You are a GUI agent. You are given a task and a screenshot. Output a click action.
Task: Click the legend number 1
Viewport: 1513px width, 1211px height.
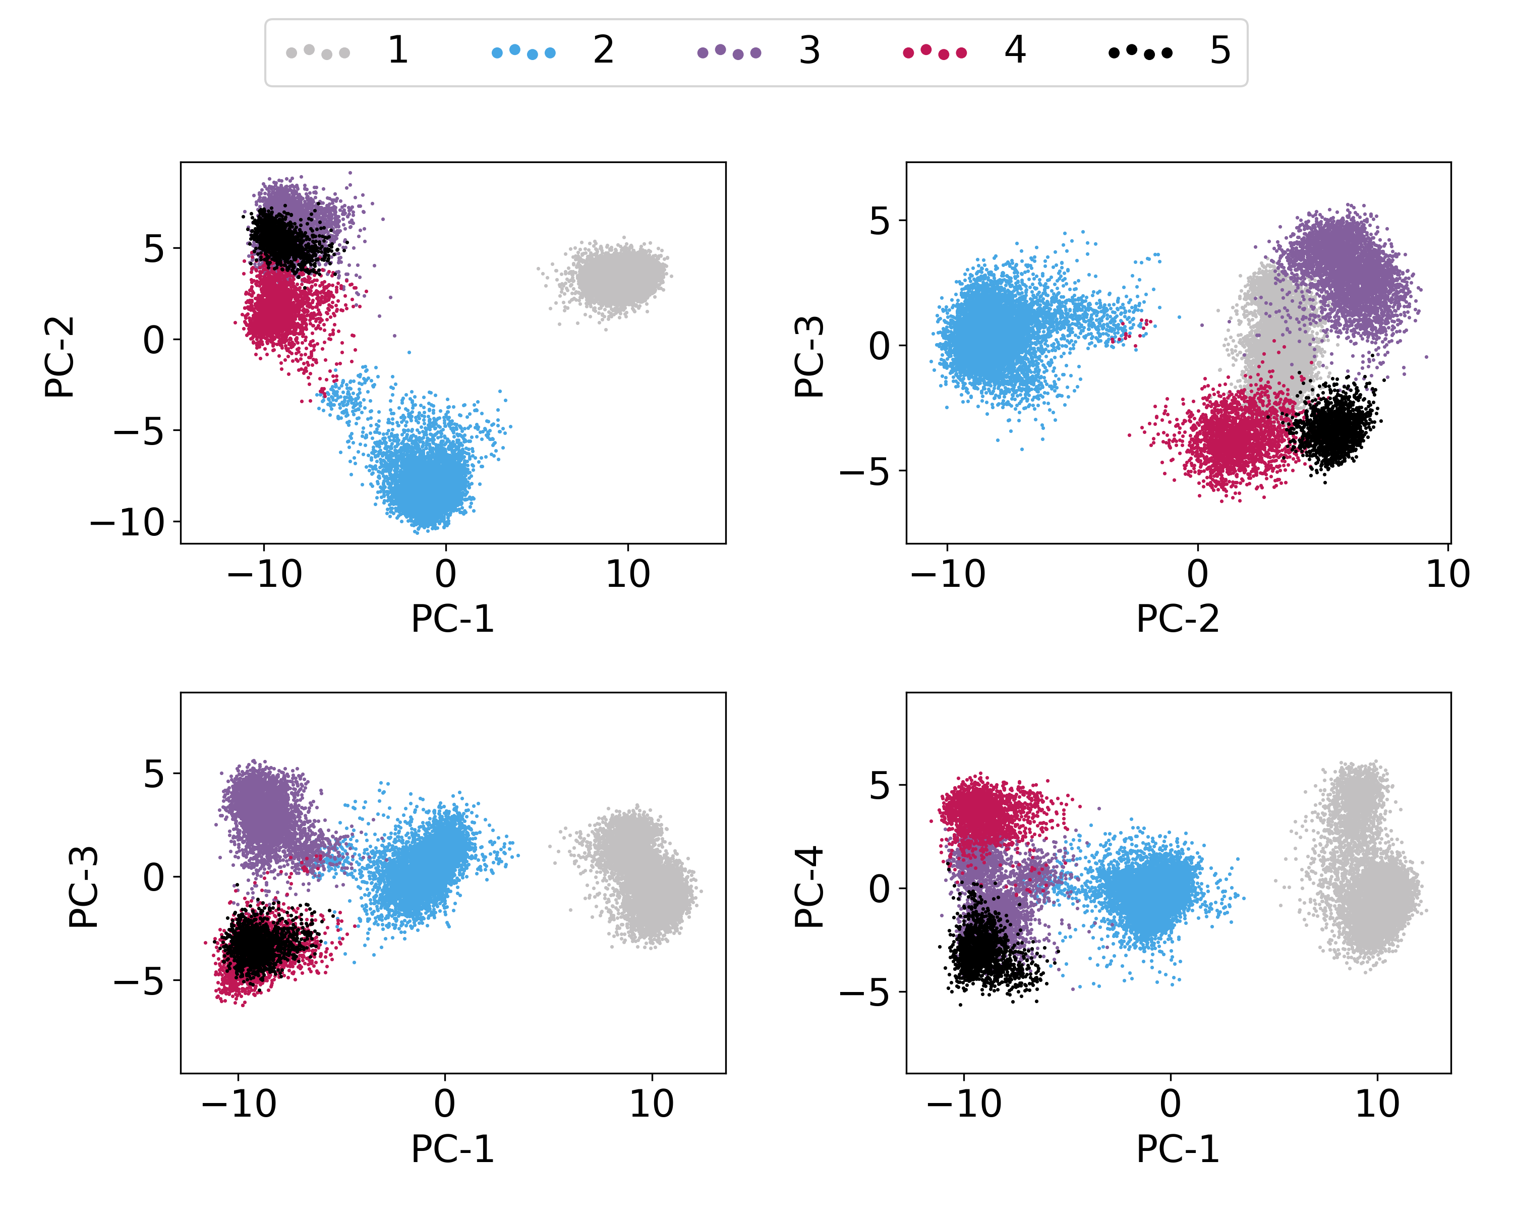click(x=398, y=50)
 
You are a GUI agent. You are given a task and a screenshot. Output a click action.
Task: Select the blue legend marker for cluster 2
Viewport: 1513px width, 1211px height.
click(x=523, y=52)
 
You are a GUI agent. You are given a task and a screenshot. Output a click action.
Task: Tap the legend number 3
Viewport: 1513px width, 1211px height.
click(x=809, y=50)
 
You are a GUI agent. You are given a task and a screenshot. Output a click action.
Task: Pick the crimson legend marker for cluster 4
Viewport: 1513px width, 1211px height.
click(x=935, y=52)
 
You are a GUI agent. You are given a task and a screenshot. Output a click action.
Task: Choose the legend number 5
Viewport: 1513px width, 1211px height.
click(x=1220, y=50)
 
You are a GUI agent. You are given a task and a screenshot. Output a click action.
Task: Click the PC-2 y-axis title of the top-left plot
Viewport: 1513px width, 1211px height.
click(x=60, y=357)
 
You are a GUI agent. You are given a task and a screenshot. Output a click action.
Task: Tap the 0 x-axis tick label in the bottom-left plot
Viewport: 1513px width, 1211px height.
click(x=444, y=1105)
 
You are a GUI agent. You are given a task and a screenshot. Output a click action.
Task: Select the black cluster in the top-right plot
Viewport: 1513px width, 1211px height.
click(x=1332, y=427)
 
